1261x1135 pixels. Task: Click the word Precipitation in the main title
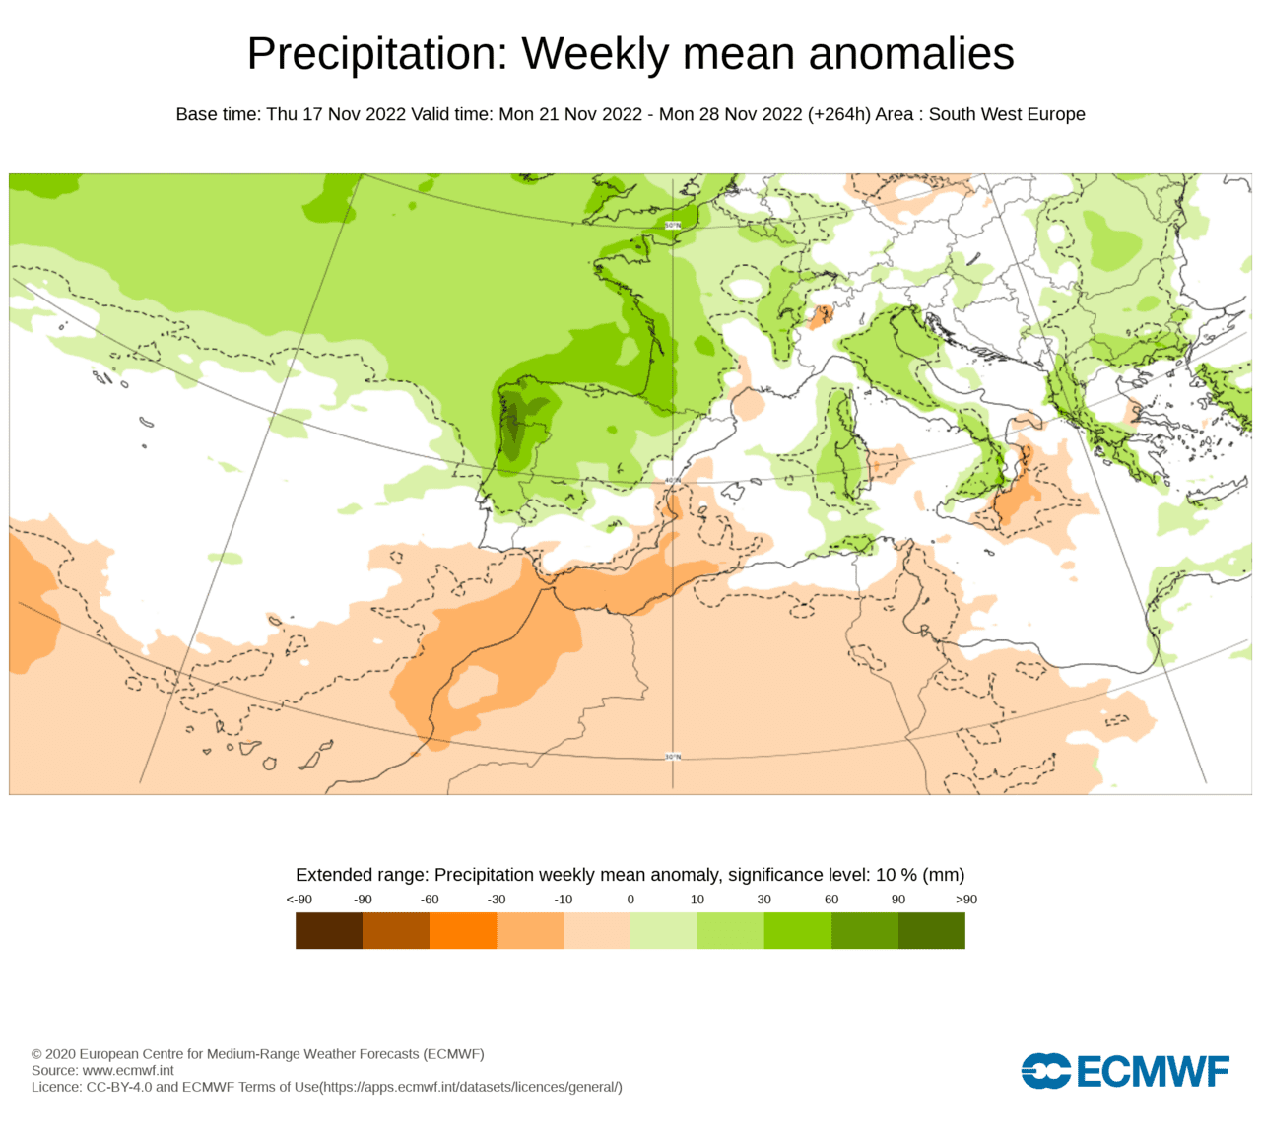(376, 54)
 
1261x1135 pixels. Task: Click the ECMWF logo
(1125, 1071)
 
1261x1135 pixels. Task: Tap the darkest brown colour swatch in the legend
(329, 931)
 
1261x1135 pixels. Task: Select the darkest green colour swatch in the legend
(932, 931)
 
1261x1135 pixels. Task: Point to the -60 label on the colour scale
(430, 900)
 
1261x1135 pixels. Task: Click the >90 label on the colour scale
(966, 900)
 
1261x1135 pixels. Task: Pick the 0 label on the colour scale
(630, 900)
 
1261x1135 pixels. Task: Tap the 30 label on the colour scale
(763, 900)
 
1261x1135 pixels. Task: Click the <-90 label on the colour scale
(299, 900)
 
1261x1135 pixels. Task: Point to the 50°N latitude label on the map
(673, 225)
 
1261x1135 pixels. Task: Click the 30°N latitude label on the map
(673, 756)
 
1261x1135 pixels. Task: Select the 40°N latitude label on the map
(673, 481)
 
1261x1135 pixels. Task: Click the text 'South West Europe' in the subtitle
(1007, 114)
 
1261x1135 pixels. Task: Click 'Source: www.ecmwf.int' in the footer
(102, 1070)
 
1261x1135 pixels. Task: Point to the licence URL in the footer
(472, 1087)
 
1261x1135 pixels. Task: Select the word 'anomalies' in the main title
(911, 54)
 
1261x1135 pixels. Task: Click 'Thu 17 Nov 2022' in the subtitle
(336, 114)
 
